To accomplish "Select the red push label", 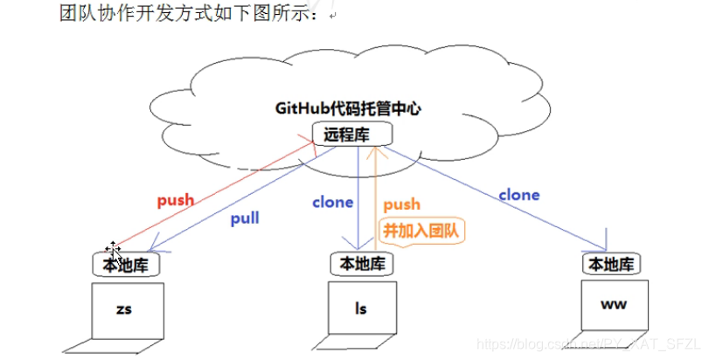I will coord(176,200).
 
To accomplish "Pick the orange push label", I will coord(401,204).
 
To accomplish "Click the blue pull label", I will coord(245,218).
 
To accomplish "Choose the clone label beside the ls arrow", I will coord(332,202).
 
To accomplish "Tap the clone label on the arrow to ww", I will coord(518,195).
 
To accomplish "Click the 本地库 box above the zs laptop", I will coord(126,264).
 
